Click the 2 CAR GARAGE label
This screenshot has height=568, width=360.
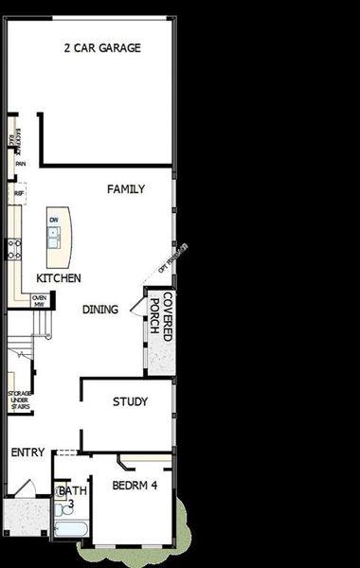tap(102, 48)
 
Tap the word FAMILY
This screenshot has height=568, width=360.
tap(126, 189)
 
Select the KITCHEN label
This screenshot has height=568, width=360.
tap(58, 278)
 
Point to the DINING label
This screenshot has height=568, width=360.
tap(100, 310)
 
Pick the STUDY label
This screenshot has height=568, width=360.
tap(130, 402)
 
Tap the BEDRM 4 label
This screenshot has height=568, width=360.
tap(134, 486)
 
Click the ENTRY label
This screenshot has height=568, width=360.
tap(27, 453)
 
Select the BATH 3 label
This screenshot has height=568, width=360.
tap(72, 497)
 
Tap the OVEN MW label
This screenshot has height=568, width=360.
tap(40, 300)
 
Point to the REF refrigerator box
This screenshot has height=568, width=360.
tap(19, 193)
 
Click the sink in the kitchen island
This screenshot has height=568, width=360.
tap(54, 234)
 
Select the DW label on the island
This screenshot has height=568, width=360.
tap(54, 220)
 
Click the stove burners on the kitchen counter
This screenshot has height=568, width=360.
tap(14, 249)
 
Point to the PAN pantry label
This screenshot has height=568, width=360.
tap(19, 163)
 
